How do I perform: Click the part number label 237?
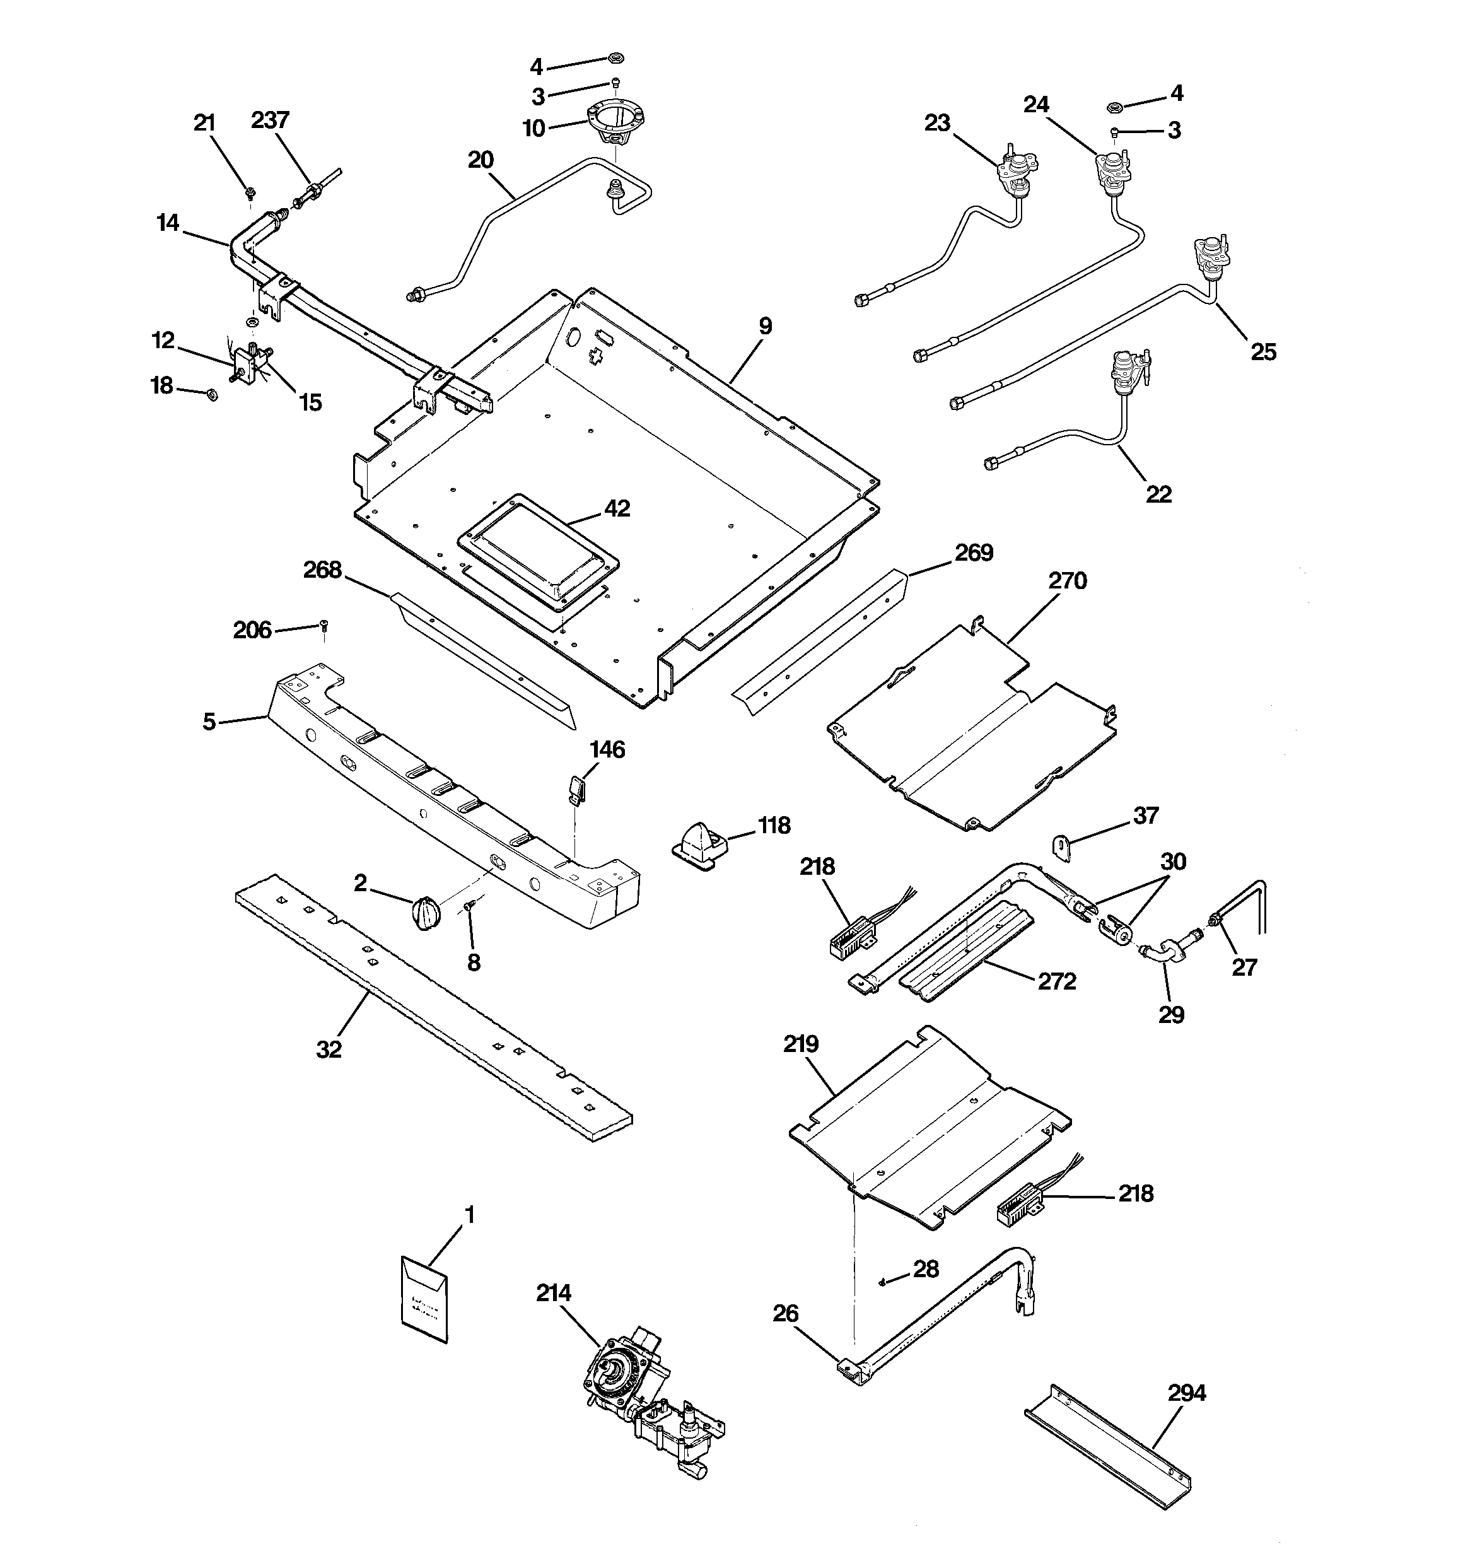tap(270, 120)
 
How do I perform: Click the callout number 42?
tap(617, 509)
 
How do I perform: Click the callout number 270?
tap(1067, 581)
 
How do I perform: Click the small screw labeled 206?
tap(324, 625)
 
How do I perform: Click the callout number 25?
tap(1262, 352)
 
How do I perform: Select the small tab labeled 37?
tap(1061, 847)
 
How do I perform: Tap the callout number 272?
tap(1056, 981)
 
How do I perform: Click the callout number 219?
tap(800, 1044)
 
